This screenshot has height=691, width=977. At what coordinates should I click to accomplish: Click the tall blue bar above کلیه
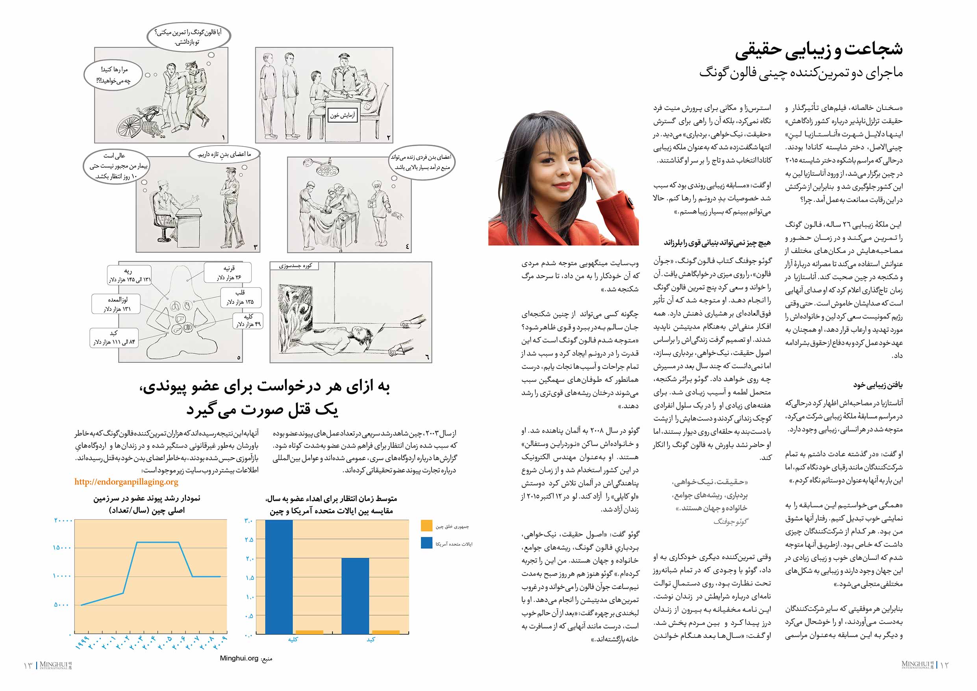pyautogui.click(x=279, y=577)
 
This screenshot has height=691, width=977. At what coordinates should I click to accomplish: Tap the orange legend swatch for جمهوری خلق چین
pyautogui.click(x=426, y=526)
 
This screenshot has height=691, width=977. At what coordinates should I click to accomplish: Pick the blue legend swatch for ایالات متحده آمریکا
pyautogui.click(x=426, y=543)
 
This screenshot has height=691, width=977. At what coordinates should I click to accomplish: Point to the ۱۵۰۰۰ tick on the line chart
pyautogui.click(x=62, y=548)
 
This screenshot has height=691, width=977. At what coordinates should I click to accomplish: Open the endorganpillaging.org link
pyautogui.click(x=126, y=482)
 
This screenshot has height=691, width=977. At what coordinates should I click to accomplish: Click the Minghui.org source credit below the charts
pyautogui.click(x=239, y=659)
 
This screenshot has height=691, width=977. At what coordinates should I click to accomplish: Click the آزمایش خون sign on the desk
pyautogui.click(x=342, y=115)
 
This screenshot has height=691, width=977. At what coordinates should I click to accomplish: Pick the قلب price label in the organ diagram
pyautogui.click(x=241, y=297)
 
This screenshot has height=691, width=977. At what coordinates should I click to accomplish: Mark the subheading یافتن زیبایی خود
pyautogui.click(x=877, y=385)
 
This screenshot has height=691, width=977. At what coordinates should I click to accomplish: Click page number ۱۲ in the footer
pyautogui.click(x=944, y=665)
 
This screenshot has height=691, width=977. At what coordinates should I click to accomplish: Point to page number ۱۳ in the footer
pyautogui.click(x=28, y=665)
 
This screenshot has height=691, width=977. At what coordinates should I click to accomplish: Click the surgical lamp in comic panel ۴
pyautogui.click(x=328, y=169)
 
